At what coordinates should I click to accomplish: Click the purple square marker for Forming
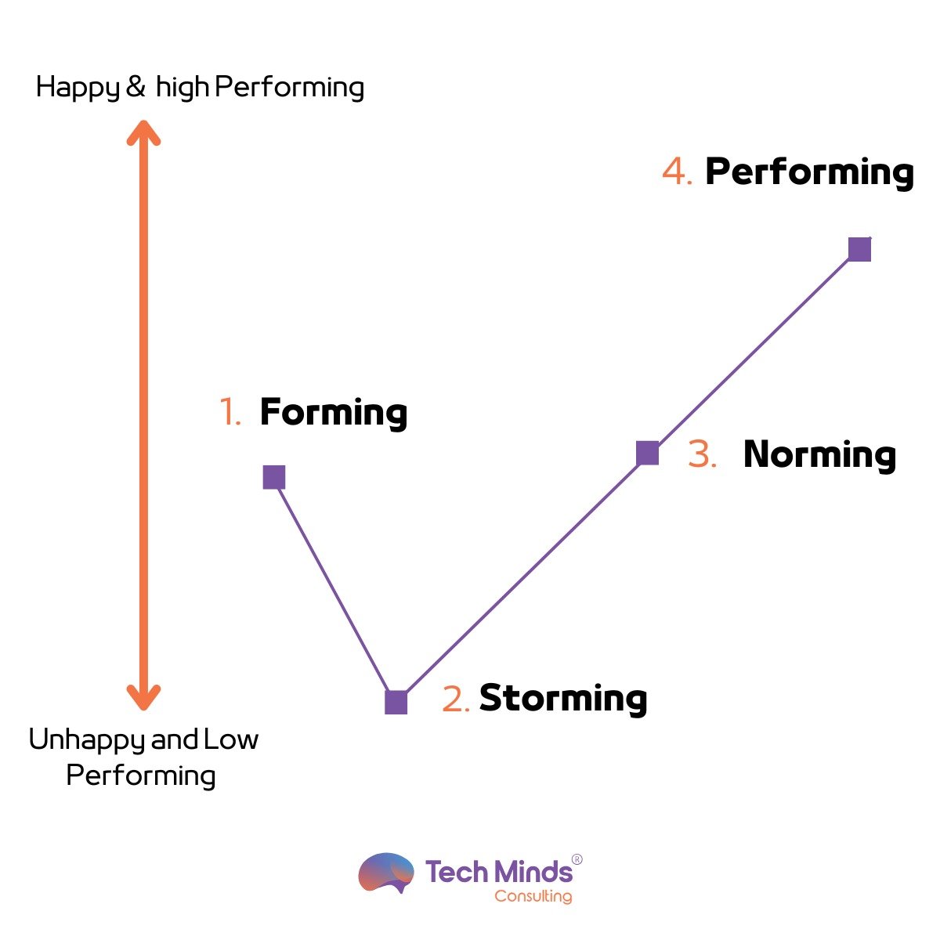point(273,477)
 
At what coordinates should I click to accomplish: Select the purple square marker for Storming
point(396,703)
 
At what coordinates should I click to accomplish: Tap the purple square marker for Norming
point(647,453)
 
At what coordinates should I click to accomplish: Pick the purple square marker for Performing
point(859,249)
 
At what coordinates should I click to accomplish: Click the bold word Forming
point(334,414)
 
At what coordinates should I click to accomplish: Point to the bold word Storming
point(563,699)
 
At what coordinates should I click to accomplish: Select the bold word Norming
point(819,455)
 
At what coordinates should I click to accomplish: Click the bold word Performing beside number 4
point(810,172)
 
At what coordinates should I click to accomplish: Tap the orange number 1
point(230,411)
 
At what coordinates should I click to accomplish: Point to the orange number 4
point(677,172)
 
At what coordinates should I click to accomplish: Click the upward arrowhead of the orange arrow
point(143,132)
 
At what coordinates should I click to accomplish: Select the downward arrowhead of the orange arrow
point(143,698)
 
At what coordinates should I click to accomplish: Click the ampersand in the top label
point(136,86)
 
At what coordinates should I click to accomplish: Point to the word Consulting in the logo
point(533,896)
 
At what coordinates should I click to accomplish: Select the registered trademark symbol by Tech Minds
point(577,859)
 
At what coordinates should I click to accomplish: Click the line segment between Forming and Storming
point(334,590)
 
